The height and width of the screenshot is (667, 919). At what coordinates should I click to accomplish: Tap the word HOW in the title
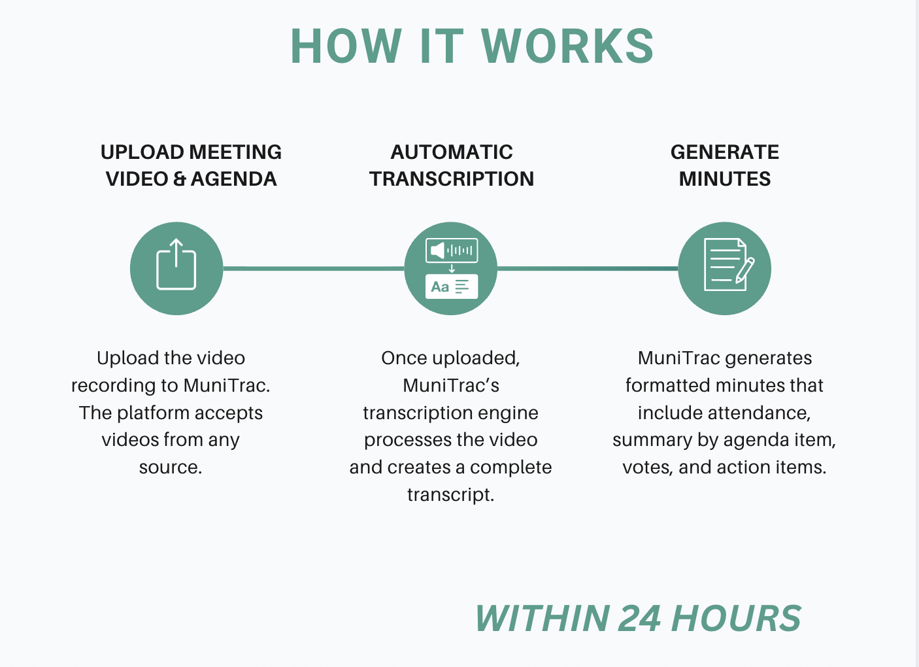(346, 46)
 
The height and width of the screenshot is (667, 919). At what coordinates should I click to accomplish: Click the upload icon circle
(176, 268)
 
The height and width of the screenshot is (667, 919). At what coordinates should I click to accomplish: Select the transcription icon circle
(451, 268)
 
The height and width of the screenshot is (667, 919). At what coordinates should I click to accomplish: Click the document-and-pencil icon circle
(724, 268)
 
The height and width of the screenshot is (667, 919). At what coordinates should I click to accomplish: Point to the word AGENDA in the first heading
(233, 179)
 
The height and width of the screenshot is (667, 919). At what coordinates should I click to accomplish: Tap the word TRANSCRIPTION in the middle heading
(452, 179)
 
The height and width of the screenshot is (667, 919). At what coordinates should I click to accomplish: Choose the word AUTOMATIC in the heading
(452, 152)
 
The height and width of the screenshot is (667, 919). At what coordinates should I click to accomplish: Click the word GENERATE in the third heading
(724, 152)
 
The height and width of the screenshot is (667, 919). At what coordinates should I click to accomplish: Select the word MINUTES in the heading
(724, 179)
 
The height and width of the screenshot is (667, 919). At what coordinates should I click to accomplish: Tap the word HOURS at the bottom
(736, 619)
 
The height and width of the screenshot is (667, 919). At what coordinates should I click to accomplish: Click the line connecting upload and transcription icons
(314, 268)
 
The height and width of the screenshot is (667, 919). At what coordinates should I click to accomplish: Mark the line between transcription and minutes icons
(588, 268)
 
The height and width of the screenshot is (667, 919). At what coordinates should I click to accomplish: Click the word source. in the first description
(171, 467)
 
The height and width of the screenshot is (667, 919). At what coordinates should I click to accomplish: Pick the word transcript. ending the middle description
(450, 494)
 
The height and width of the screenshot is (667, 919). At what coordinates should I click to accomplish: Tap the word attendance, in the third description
(724, 413)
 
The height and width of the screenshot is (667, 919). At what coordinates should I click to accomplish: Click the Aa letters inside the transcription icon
(440, 286)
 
